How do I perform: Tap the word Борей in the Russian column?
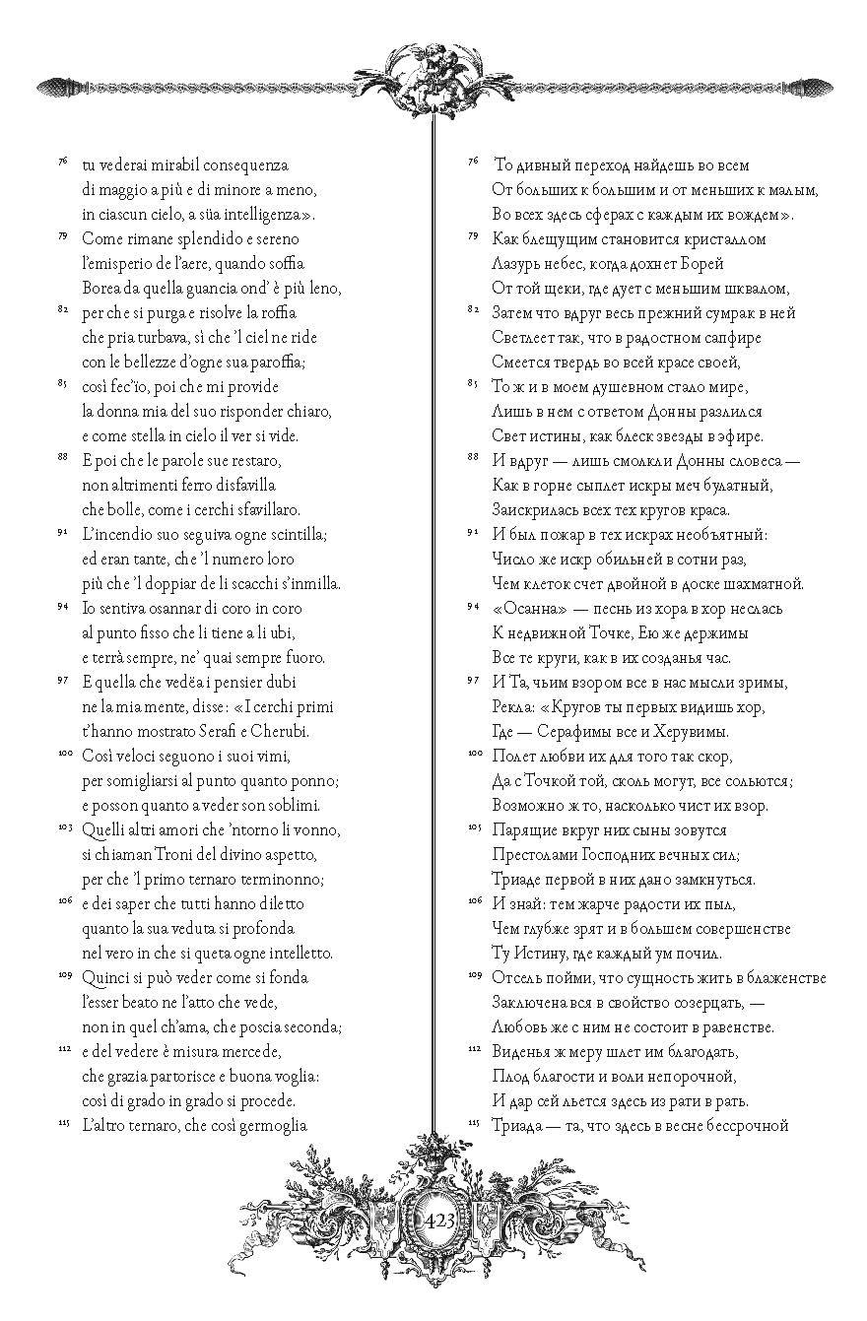[701, 264]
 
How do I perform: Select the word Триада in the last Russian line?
[517, 1126]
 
